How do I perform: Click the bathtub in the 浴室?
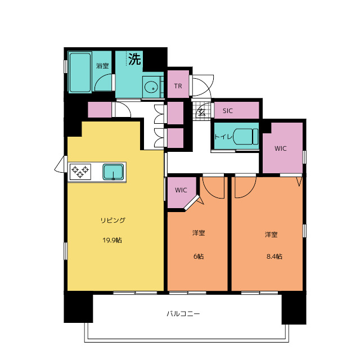click(80, 73)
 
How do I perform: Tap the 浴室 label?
click(102, 66)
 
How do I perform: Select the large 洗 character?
click(134, 59)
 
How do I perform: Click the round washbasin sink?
click(151, 88)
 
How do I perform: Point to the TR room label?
click(178, 86)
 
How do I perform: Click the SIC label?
click(227, 111)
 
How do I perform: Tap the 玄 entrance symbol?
click(202, 112)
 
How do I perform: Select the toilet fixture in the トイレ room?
click(246, 136)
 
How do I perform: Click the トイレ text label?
click(223, 137)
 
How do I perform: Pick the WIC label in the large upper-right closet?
click(280, 148)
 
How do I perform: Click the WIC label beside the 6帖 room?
click(181, 190)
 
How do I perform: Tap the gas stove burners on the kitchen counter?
click(80, 172)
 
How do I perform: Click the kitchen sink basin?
click(113, 172)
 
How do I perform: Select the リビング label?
click(112, 220)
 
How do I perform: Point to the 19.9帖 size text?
click(112, 240)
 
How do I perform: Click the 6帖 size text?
click(199, 256)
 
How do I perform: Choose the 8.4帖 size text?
click(274, 256)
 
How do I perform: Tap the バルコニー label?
click(183, 314)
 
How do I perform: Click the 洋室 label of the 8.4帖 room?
click(271, 235)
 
